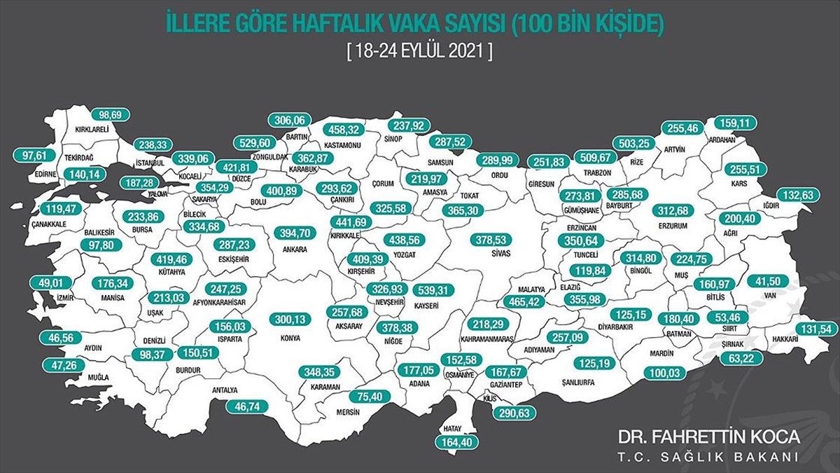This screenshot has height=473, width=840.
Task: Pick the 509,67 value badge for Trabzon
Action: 594,157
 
